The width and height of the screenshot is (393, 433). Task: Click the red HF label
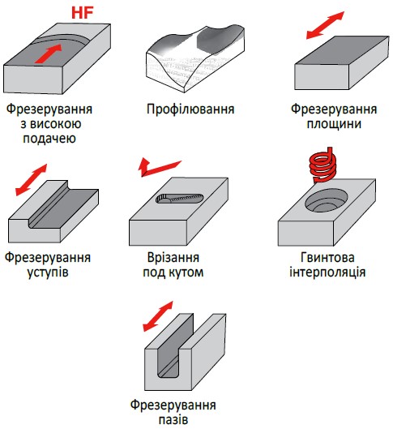(x=83, y=13)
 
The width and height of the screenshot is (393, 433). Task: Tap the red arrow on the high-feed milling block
(x=49, y=54)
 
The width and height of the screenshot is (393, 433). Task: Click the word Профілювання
(x=190, y=109)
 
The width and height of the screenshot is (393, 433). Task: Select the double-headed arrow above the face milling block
(x=326, y=25)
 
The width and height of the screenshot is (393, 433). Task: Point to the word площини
(x=334, y=124)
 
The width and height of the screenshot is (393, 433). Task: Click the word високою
(x=55, y=124)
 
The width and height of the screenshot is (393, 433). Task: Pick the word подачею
(x=49, y=139)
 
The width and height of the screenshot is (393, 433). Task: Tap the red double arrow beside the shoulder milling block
(x=31, y=180)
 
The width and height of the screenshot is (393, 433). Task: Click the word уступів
(x=48, y=272)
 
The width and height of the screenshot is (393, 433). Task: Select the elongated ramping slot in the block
(x=180, y=199)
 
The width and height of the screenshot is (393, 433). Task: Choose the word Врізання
(x=173, y=258)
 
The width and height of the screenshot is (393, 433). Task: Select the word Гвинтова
(x=327, y=258)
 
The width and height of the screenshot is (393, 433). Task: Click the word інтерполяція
(x=327, y=272)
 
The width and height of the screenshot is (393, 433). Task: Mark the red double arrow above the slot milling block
(x=158, y=316)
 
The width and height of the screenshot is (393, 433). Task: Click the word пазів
(x=173, y=420)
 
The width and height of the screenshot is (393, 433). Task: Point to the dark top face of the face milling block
(x=342, y=50)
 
